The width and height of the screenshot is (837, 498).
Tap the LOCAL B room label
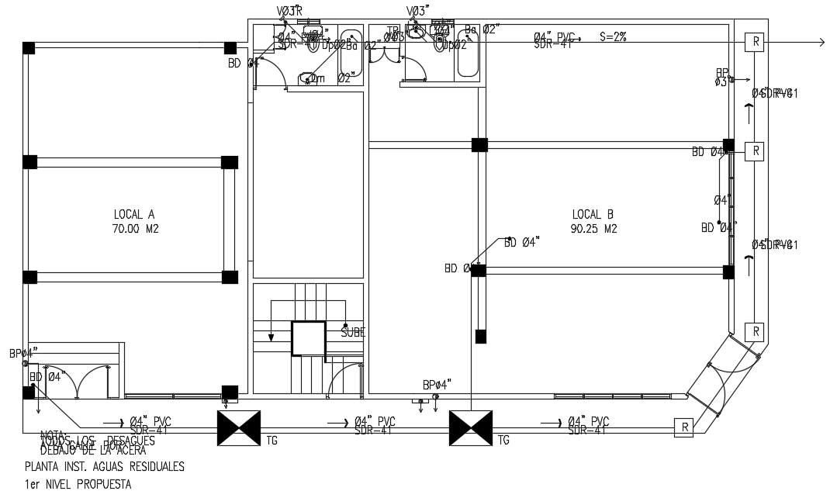click(x=593, y=214)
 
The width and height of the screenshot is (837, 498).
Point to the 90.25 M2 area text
click(x=593, y=229)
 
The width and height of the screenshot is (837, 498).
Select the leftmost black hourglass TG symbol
click(x=238, y=428)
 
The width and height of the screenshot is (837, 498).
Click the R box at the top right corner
click(x=752, y=42)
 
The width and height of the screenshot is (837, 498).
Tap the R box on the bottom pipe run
click(x=683, y=427)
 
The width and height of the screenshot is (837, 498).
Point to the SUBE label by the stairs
click(x=353, y=332)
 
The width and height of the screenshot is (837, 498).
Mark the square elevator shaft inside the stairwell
click(x=308, y=338)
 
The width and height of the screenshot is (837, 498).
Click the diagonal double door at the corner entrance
click(x=721, y=377)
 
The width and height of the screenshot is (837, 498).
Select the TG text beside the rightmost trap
click(x=504, y=441)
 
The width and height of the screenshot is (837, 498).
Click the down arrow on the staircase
click(x=271, y=335)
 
